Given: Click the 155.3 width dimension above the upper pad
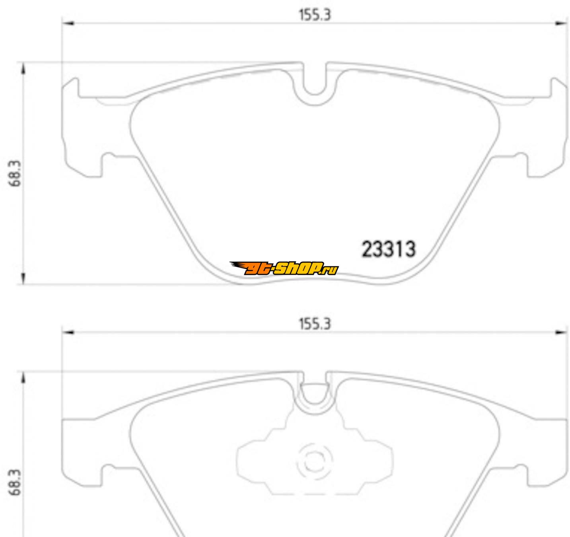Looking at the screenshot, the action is point(315,15).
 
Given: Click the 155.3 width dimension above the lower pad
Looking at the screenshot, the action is point(315,324).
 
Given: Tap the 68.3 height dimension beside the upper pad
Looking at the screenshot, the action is point(15,173).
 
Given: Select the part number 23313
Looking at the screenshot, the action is point(388,249).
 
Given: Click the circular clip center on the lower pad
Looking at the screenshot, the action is point(315,462).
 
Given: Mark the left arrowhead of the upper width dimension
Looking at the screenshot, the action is point(68,23).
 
